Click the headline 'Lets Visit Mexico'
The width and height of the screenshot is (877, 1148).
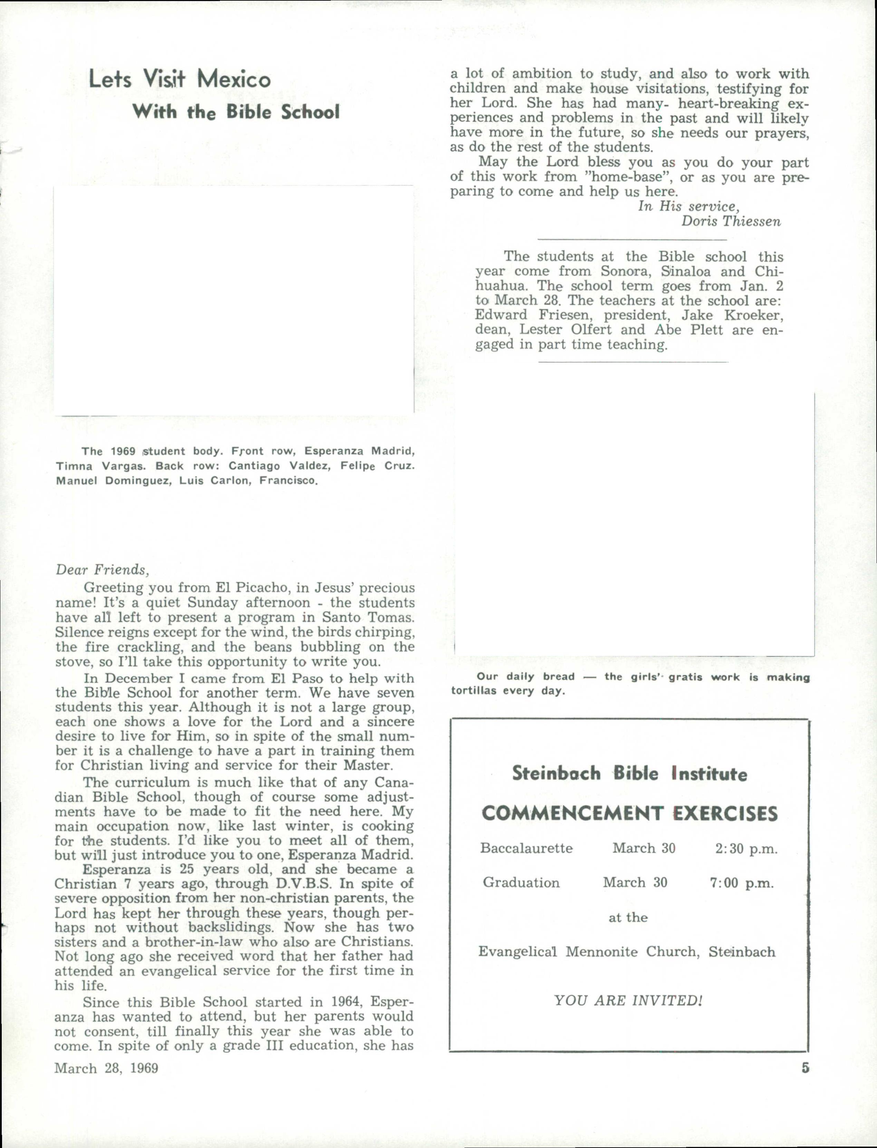pos(180,79)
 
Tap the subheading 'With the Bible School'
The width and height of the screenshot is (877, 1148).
pos(235,112)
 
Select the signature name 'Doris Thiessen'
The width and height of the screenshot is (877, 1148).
pos(731,221)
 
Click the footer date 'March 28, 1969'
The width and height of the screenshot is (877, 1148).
pos(106,1068)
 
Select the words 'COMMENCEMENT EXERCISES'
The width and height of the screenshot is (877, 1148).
pos(629,813)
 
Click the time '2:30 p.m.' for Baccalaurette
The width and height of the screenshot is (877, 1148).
pos(746,848)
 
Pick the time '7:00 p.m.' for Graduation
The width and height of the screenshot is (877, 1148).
pos(741,883)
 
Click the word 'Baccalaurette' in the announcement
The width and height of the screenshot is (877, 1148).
pos(526,848)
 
